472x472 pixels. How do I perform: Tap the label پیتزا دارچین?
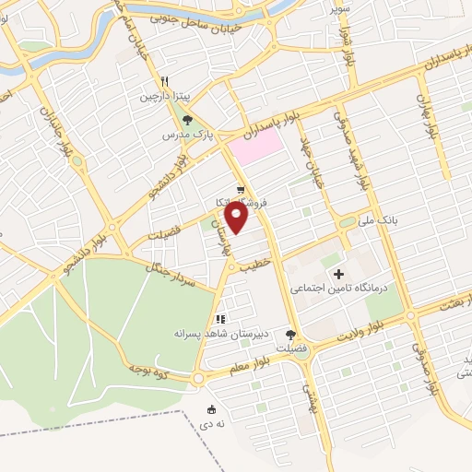[163, 95]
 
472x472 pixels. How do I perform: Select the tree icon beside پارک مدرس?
[188, 119]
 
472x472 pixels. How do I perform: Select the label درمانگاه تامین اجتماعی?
[341, 289]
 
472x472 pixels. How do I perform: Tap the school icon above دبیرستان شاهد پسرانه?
[219, 319]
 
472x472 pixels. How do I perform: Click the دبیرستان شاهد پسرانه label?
[214, 333]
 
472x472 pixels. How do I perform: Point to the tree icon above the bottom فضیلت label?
[292, 336]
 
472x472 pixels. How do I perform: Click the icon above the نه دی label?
[212, 409]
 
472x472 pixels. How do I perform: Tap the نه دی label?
[212, 425]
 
